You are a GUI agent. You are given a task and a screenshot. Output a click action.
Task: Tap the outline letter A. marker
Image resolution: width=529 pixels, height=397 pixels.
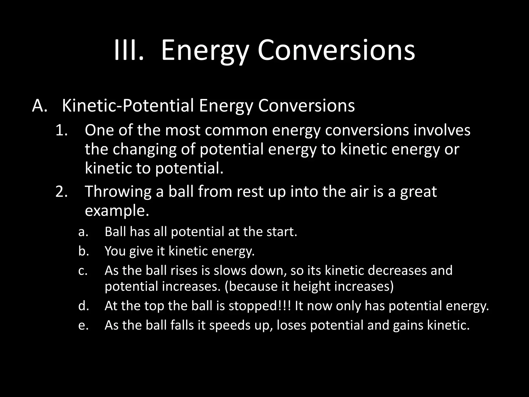(40, 106)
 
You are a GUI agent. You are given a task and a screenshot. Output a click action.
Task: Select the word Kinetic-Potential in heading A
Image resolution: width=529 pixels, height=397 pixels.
(128, 106)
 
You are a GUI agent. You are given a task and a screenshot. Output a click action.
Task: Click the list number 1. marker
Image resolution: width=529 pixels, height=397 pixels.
(62, 131)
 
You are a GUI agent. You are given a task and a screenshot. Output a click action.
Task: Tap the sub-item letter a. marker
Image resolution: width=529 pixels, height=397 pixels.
(83, 232)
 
